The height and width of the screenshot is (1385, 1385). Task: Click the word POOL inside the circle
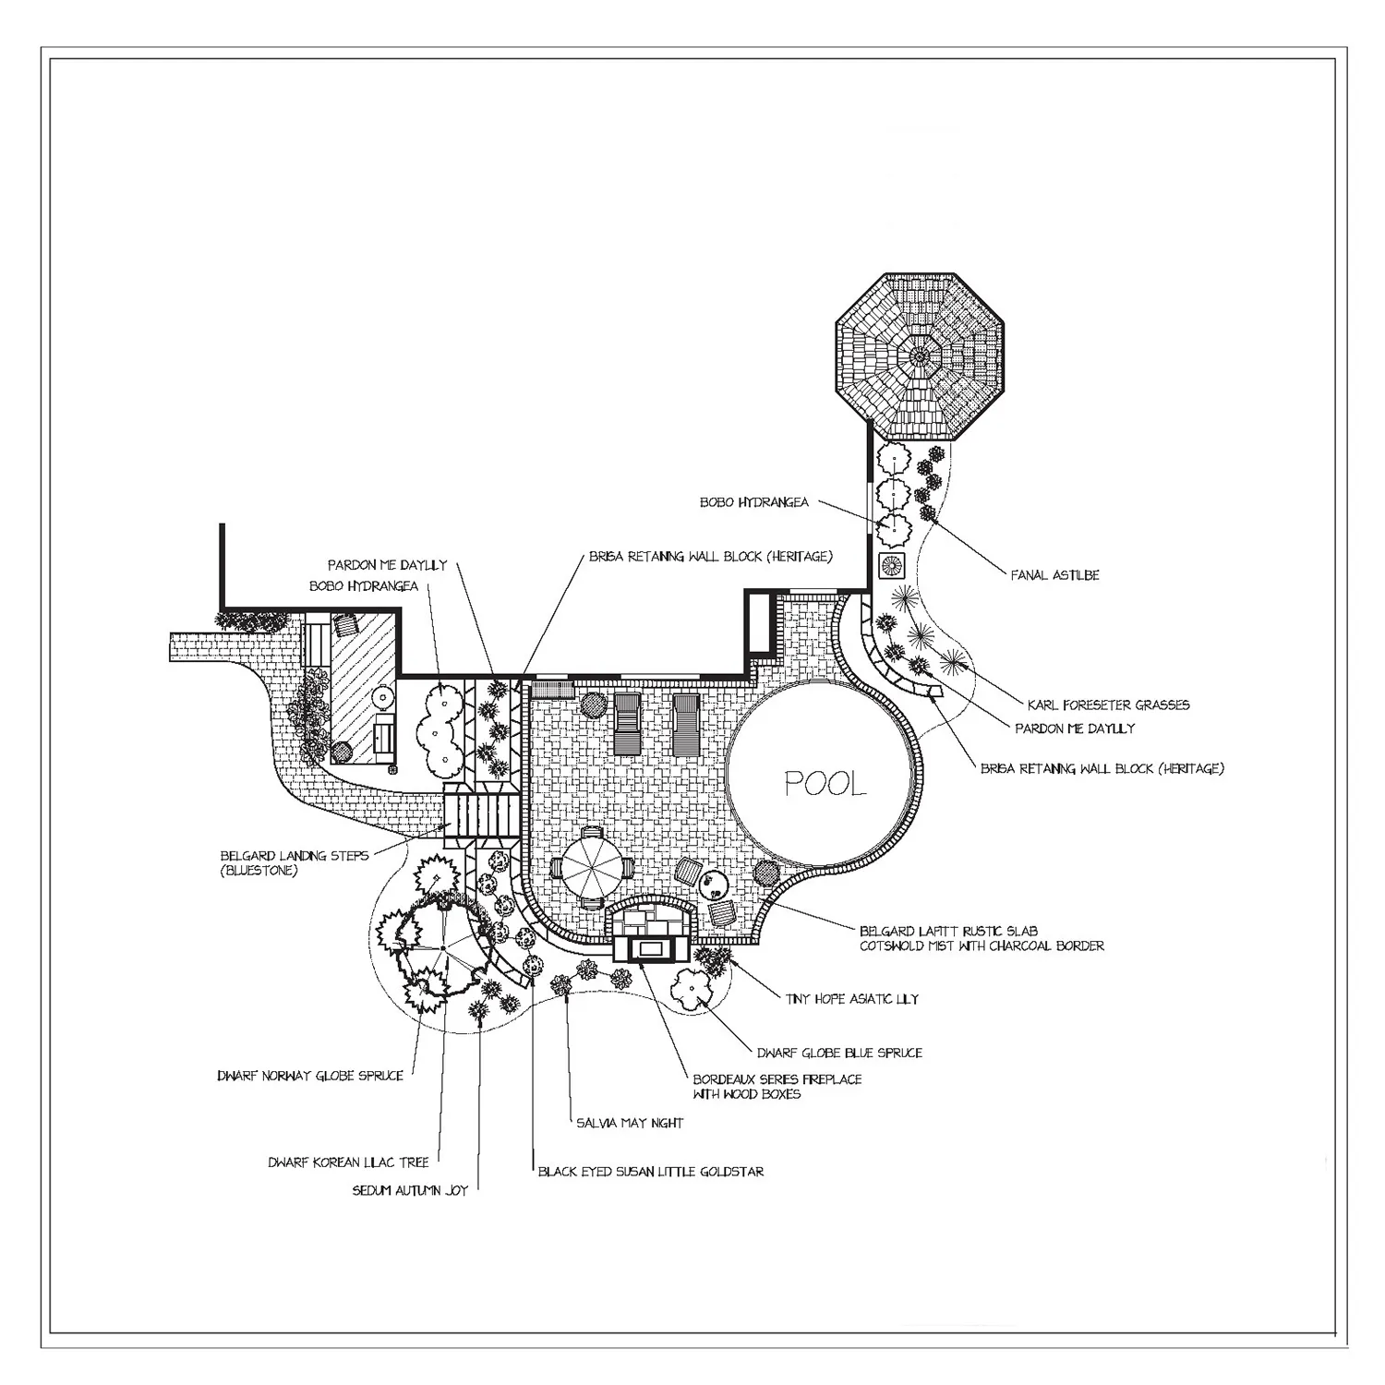tap(825, 784)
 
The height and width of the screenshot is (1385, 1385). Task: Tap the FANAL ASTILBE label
tap(1054, 575)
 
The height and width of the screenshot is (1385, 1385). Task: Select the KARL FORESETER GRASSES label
tap(1108, 705)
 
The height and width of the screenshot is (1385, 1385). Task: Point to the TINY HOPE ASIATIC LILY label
tap(851, 999)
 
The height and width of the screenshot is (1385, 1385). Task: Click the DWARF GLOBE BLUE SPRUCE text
tap(838, 1053)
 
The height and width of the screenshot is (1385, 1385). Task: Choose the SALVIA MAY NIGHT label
tap(629, 1124)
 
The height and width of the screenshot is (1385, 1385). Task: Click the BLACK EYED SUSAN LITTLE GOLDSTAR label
tap(651, 1172)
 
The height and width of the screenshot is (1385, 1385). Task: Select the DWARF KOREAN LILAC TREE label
tap(349, 1162)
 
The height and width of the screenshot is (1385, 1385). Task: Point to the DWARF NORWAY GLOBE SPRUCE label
tap(310, 1076)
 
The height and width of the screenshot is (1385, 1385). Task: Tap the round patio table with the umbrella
tap(590, 869)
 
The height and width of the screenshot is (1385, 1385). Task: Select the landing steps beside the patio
tap(479, 813)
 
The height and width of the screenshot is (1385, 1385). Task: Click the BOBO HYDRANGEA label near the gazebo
tap(753, 502)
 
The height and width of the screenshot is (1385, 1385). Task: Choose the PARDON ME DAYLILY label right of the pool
tap(1075, 729)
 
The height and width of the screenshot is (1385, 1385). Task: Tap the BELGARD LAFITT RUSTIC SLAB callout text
tap(981, 938)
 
